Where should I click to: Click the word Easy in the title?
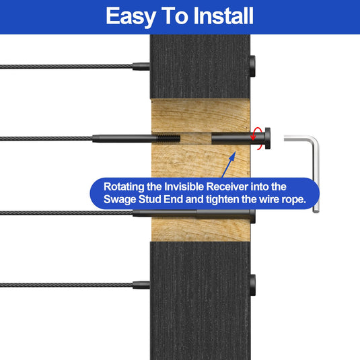(131, 17)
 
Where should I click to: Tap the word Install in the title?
(223, 15)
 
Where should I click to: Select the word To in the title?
(174, 15)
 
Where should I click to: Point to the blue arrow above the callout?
(229, 164)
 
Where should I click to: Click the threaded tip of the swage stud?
(169, 138)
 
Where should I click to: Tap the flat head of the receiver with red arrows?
(267, 139)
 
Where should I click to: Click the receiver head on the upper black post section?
(252, 66)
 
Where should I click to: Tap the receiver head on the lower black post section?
(252, 285)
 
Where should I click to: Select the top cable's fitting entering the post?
(141, 67)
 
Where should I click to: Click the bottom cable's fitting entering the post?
(141, 285)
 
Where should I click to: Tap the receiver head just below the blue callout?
(253, 216)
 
